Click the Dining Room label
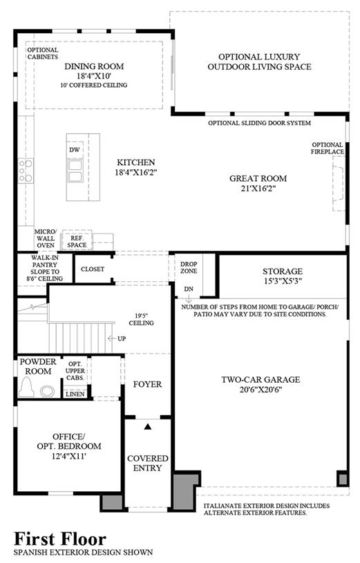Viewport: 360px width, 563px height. pyautogui.click(x=94, y=66)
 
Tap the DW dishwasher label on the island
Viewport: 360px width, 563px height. pyautogui.click(x=75, y=150)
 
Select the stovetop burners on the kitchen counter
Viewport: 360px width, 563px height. pyautogui.click(x=26, y=171)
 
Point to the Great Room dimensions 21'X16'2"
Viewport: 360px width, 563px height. pyautogui.click(x=258, y=188)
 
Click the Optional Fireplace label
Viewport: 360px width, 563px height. pyautogui.click(x=328, y=149)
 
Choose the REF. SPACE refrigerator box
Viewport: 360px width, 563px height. pyautogui.click(x=77, y=241)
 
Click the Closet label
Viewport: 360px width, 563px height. pyautogui.click(x=93, y=269)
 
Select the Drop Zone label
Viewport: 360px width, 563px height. pyautogui.click(x=189, y=267)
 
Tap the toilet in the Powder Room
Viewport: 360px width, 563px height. pyautogui.click(x=26, y=387)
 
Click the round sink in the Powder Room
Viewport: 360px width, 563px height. pyautogui.click(x=48, y=391)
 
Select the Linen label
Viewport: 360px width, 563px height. pyautogui.click(x=75, y=394)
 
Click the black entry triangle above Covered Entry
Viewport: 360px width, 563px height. pyautogui.click(x=148, y=426)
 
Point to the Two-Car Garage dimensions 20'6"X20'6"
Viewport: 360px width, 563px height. pyautogui.click(x=260, y=390)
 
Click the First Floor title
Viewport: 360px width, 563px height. pyautogui.click(x=60, y=539)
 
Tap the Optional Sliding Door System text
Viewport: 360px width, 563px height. pyautogui.click(x=259, y=123)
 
